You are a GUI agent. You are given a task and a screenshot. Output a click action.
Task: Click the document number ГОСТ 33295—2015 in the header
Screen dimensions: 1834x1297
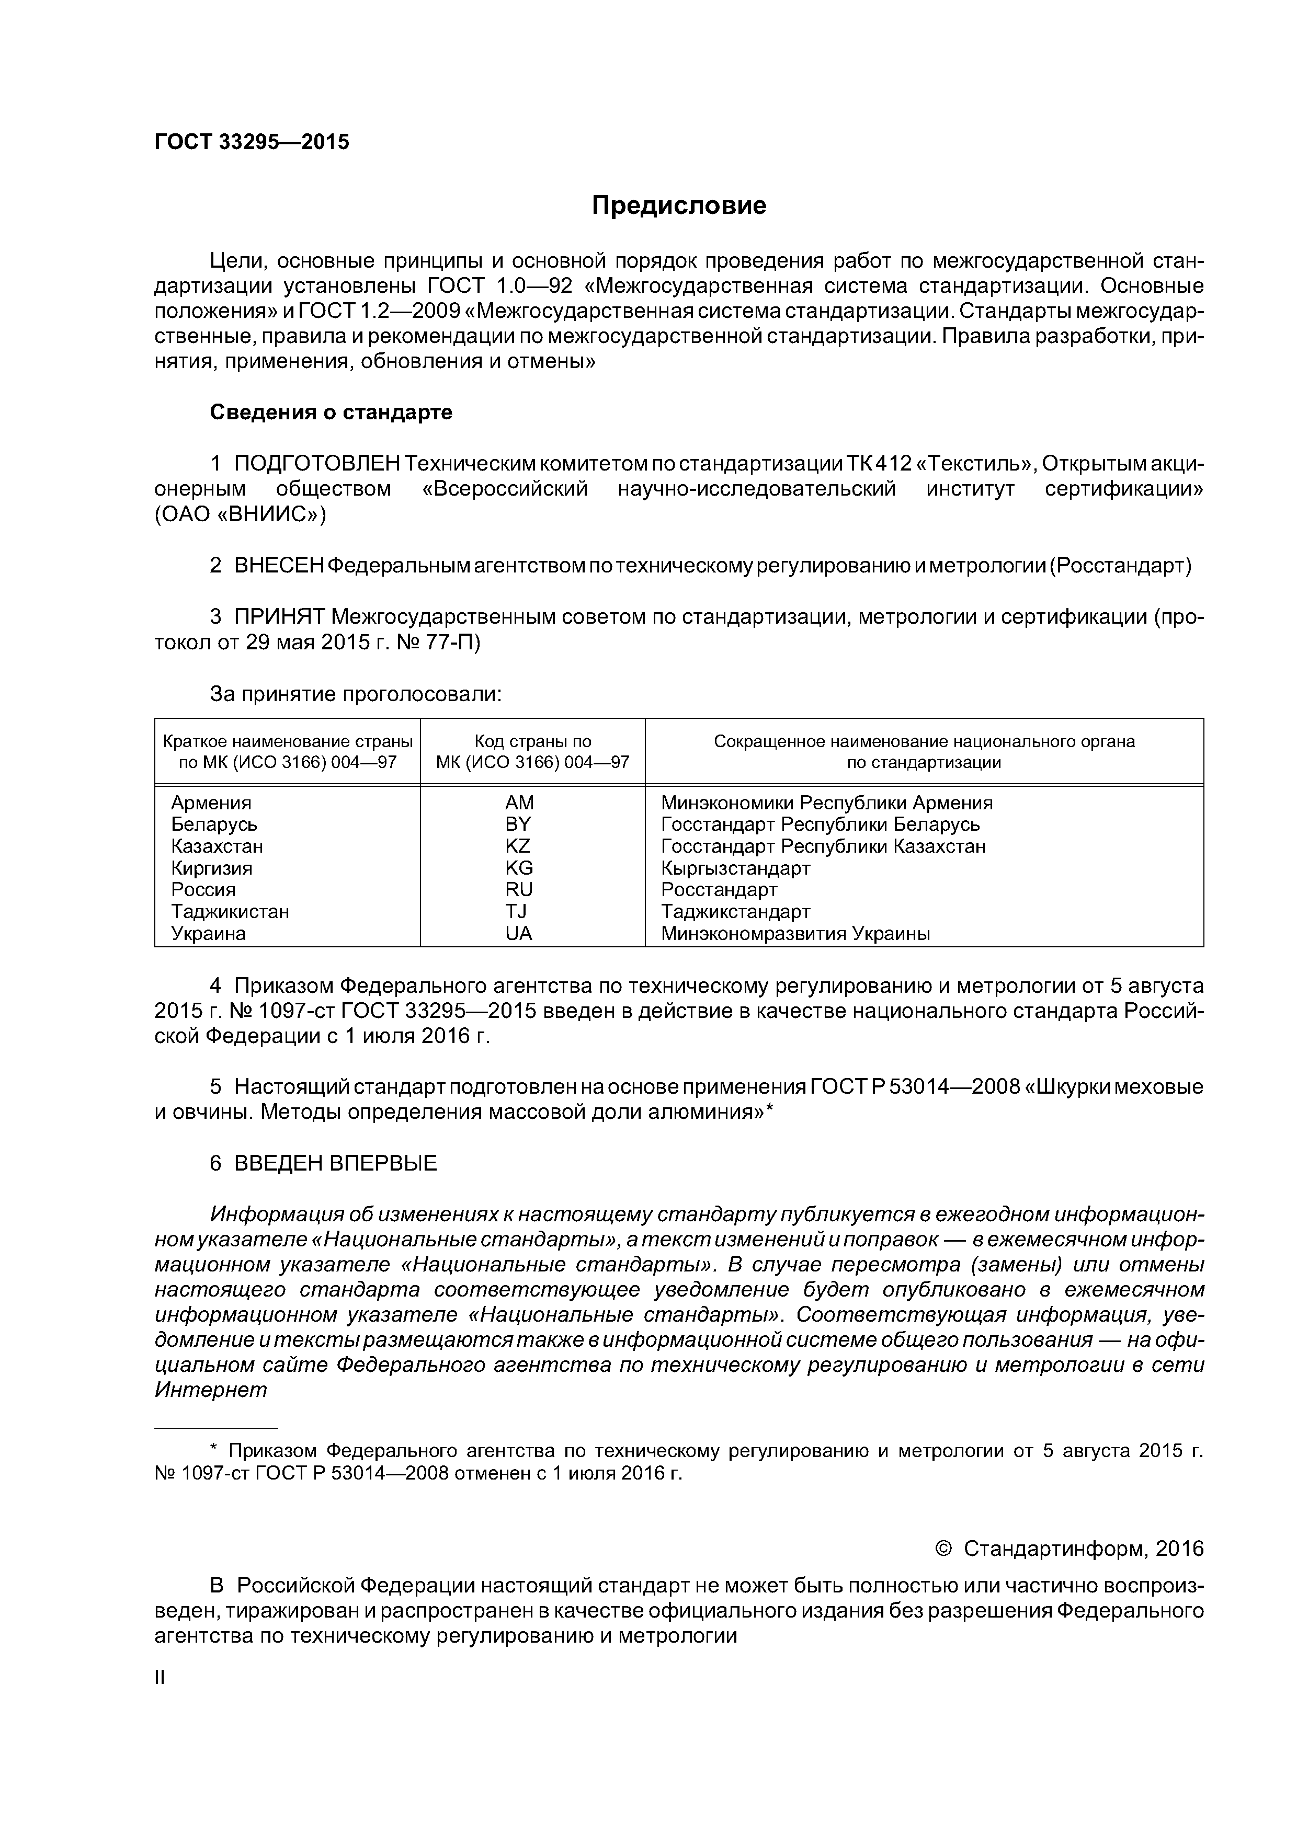[x=252, y=142]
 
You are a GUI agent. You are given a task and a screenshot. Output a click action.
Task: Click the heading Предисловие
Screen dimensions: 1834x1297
[x=678, y=206]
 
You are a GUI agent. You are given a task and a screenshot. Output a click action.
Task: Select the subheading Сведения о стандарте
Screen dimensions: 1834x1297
[x=331, y=412]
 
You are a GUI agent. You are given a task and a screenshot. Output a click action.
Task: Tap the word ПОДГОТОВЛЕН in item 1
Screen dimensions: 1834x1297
[x=316, y=464]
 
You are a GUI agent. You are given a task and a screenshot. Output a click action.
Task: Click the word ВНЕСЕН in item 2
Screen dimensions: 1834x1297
[x=279, y=566]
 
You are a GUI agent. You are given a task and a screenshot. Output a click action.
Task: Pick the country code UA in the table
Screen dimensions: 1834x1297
[x=519, y=933]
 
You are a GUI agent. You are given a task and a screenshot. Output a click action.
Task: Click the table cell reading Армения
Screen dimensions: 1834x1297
[x=211, y=803]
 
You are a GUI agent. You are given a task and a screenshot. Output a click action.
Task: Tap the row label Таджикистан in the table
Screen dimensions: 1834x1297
[x=230, y=911]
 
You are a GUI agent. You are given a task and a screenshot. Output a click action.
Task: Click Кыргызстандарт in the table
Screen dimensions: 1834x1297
[x=735, y=868]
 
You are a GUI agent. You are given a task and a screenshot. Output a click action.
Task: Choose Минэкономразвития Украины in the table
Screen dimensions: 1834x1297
[x=795, y=933]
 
